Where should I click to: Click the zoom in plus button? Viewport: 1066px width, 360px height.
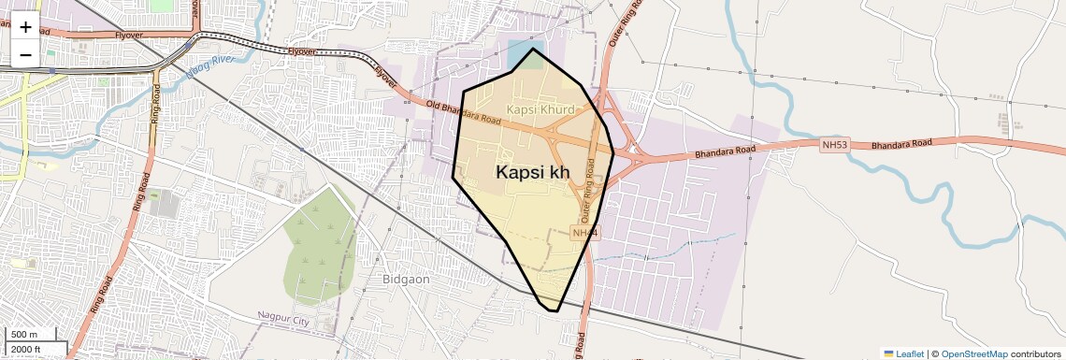25,26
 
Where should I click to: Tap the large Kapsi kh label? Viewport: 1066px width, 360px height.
532,172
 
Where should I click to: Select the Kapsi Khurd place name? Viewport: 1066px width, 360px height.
540,109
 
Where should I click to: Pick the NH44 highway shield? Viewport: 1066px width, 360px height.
584,232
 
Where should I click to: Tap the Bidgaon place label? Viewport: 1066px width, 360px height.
406,279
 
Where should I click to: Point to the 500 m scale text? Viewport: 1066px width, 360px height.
24,335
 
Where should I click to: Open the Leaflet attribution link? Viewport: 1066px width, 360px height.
903,353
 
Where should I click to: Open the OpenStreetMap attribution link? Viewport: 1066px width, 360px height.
973,353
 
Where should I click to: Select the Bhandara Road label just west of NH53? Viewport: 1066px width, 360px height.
724,151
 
